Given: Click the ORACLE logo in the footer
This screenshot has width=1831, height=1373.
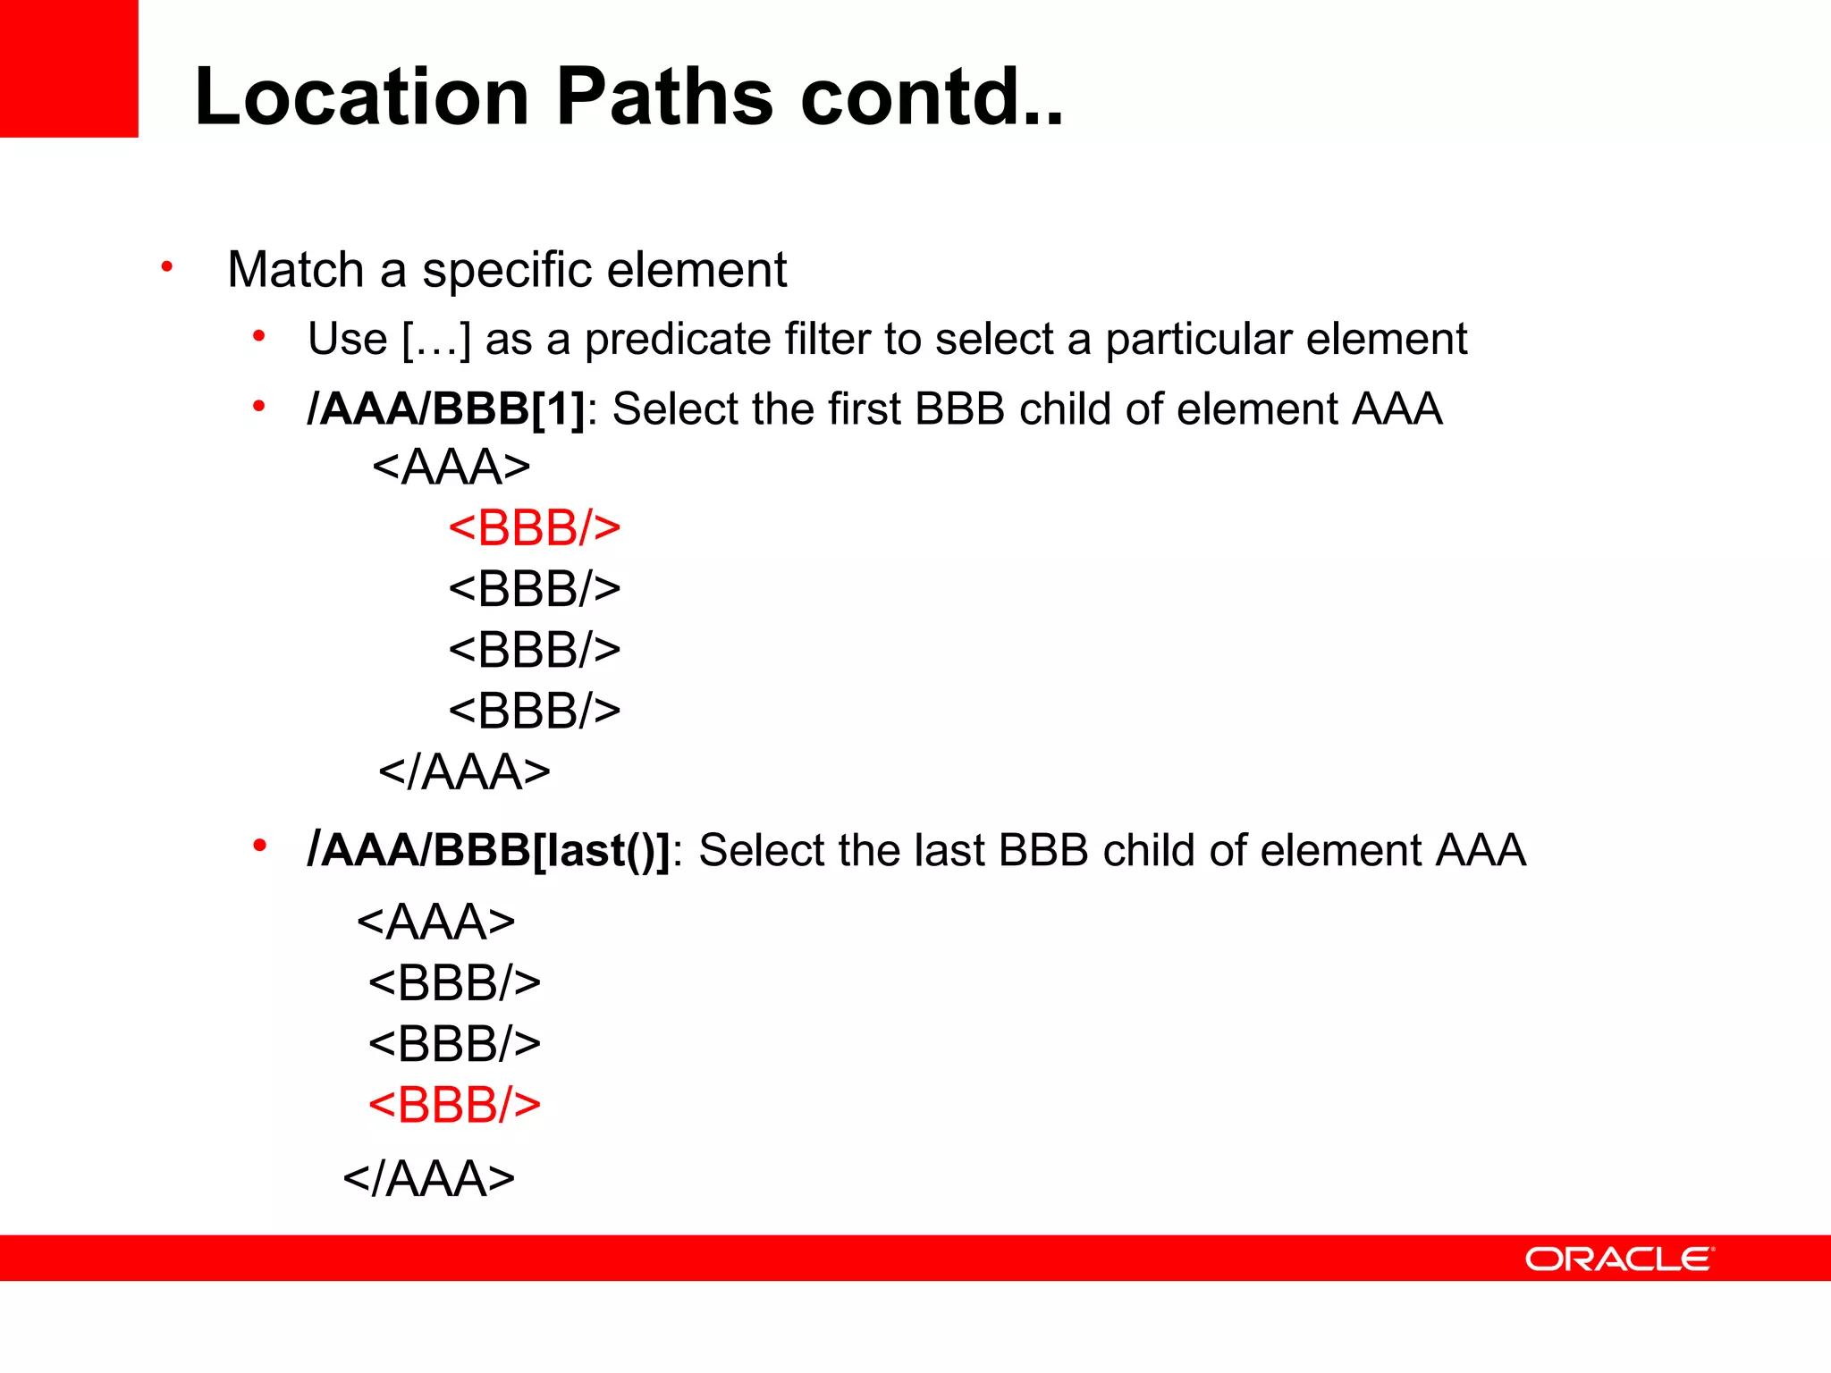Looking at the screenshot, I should click(1618, 1259).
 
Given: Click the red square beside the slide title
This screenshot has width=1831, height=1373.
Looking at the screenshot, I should click(69, 68).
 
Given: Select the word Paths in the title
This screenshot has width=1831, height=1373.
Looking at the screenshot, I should click(663, 97).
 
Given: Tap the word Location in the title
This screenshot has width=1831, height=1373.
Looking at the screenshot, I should click(362, 97).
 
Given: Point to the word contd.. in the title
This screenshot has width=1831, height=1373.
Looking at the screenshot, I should click(932, 97).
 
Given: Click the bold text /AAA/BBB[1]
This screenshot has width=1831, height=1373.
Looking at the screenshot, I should click(445, 409).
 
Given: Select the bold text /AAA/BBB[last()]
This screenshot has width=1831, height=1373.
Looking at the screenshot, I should click(488, 850).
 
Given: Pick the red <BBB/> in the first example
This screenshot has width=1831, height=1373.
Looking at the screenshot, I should click(535, 527).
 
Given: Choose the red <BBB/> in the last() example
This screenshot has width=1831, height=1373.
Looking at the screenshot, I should click(454, 1105).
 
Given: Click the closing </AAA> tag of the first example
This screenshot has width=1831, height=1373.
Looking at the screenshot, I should click(464, 772).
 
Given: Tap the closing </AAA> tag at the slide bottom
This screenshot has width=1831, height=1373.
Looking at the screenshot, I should click(429, 1178).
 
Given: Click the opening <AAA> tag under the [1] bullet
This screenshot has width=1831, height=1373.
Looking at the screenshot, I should click(451, 467).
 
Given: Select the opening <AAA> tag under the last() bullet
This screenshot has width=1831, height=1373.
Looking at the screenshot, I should click(436, 922).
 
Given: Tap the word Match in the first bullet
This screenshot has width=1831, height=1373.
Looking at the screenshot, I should click(295, 270).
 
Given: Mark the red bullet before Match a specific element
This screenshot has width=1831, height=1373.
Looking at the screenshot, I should click(166, 266).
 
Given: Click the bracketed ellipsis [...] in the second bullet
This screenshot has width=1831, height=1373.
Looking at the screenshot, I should click(436, 340).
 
